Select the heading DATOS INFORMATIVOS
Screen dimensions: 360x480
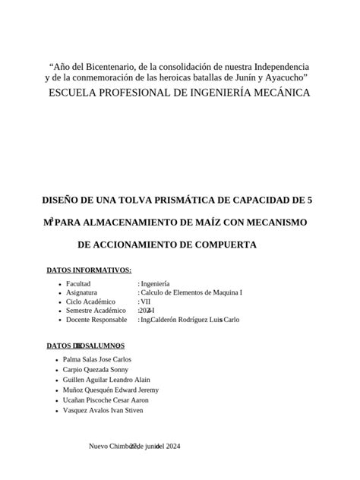pos(89,270)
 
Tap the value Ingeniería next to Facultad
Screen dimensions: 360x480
pos(156,283)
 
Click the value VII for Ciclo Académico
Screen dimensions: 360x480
pos(146,302)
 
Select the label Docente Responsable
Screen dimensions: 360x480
pos(96,320)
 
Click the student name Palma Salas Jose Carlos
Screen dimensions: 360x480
pos(97,359)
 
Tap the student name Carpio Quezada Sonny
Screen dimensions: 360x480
pos(94,369)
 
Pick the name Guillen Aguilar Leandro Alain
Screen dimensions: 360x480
pos(106,380)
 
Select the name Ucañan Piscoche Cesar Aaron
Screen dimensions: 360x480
pos(106,400)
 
